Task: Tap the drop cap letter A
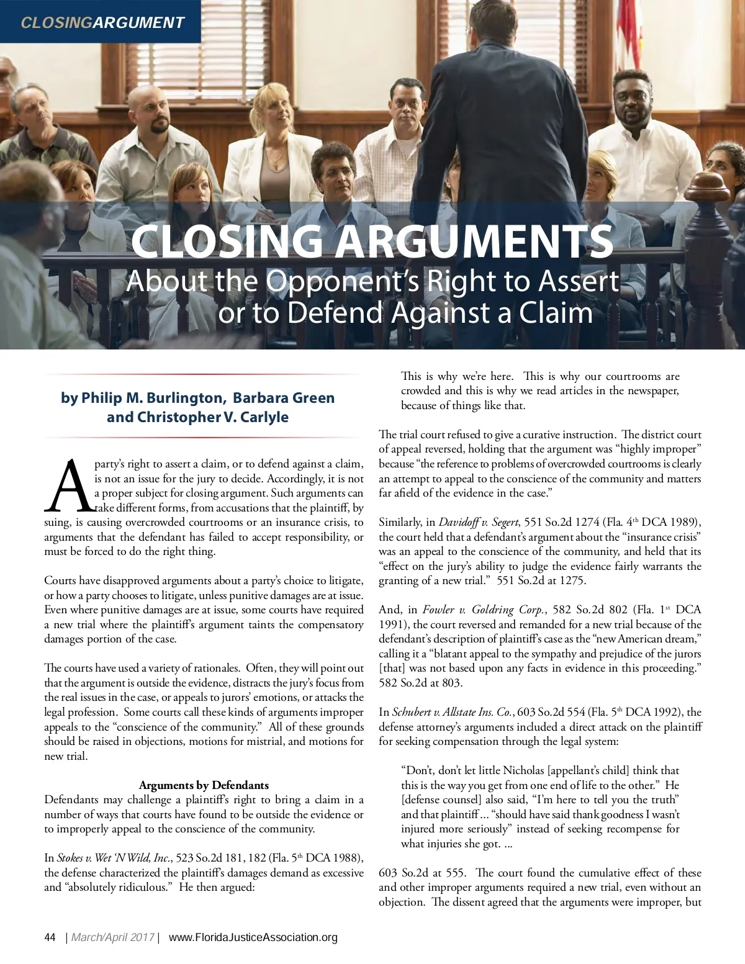pos(67,485)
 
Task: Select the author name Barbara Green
pos(284,397)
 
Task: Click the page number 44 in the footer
pos(50,937)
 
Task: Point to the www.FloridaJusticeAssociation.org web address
pos(253,937)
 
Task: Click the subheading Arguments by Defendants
pos(204,785)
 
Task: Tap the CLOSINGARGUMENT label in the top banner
pos(102,23)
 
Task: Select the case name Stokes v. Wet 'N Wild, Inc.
pos(114,858)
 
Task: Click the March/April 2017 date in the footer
pos(113,937)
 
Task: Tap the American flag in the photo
pos(628,25)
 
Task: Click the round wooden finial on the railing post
pos(711,186)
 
